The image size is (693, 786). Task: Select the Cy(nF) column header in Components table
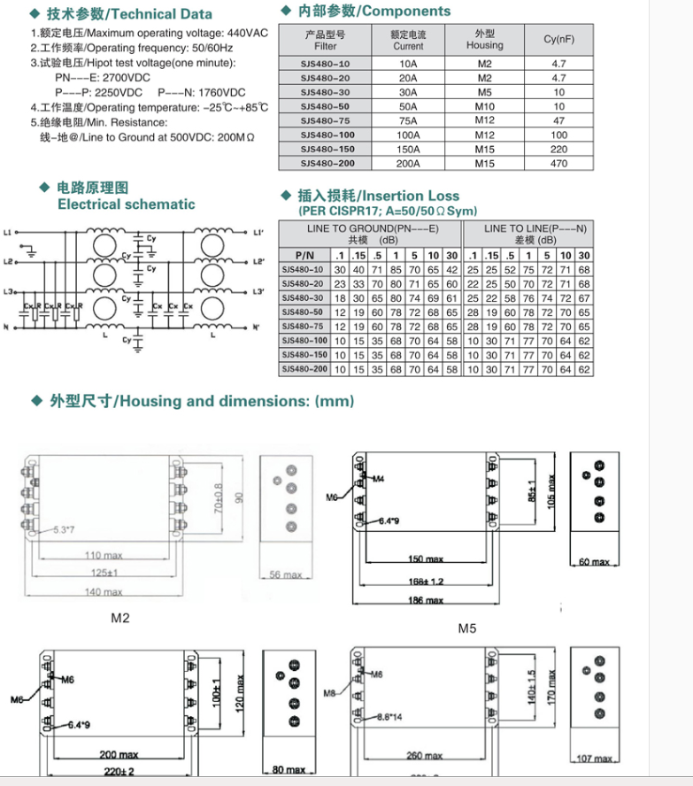558,39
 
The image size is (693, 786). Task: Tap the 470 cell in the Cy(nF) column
558,163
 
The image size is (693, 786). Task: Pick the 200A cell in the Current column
408,163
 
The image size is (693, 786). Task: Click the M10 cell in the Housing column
484,106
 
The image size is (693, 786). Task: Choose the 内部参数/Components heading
373,12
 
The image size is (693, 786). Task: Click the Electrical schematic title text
126,204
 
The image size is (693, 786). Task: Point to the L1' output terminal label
258,233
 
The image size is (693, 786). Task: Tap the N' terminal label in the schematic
257,327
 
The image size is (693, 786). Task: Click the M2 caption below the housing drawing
120,618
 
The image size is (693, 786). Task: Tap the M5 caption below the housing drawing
467,628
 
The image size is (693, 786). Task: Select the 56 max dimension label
286,574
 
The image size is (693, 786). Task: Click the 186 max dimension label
426,600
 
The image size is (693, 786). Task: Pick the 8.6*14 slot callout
389,717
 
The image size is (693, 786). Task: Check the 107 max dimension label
594,759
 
